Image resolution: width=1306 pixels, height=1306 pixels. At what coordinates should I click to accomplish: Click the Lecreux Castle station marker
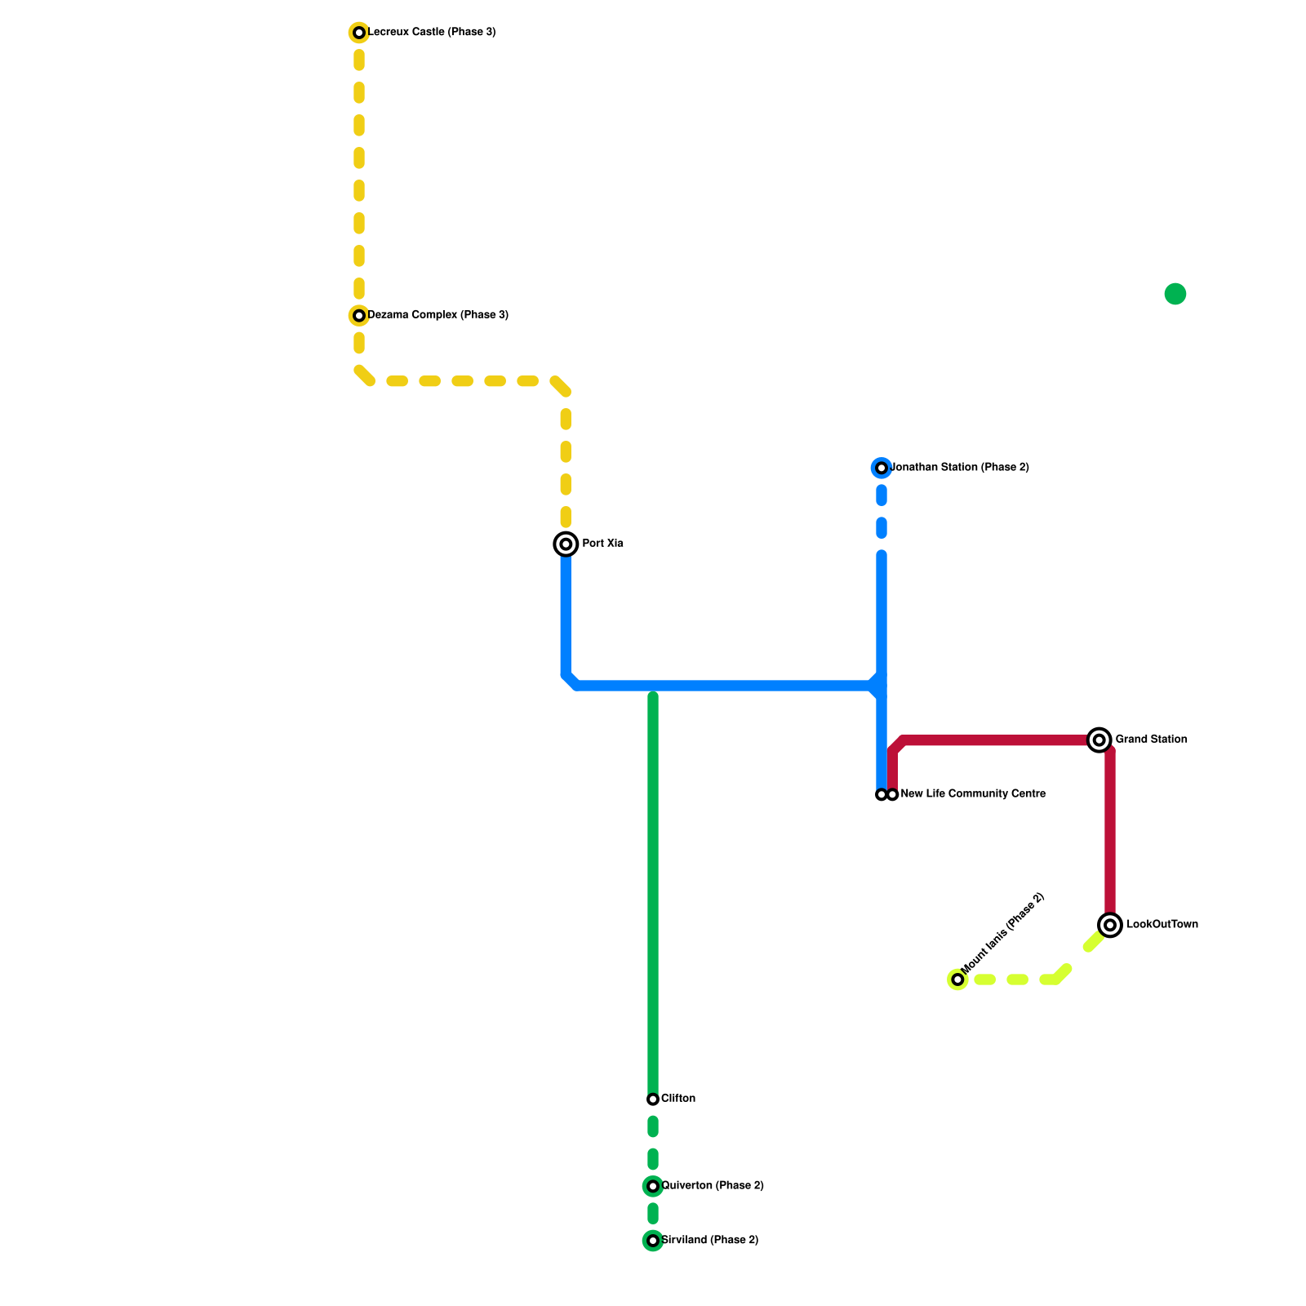point(359,33)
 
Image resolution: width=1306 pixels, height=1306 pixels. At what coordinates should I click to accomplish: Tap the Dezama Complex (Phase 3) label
point(438,315)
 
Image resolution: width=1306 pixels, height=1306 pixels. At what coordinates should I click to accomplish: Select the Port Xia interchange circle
point(566,544)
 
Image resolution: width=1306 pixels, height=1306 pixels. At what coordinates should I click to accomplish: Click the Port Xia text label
point(602,544)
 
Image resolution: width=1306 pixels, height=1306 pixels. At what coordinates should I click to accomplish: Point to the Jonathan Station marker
point(882,468)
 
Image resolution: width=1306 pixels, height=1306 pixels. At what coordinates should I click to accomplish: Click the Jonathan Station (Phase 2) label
point(960,468)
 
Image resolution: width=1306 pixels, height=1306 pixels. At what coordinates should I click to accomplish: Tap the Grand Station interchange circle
point(1099,740)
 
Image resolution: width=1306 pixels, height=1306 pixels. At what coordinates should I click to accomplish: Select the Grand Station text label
point(1151,740)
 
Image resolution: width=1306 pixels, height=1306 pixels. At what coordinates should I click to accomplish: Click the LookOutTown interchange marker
point(1110,925)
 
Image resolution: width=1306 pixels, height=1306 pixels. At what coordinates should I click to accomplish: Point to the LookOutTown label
point(1162,925)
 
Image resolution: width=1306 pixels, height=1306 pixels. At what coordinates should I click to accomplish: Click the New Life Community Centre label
point(973,794)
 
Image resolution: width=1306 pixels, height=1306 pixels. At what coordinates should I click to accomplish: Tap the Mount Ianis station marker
point(957,979)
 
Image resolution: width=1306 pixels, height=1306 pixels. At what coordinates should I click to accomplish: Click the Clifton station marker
point(653,1099)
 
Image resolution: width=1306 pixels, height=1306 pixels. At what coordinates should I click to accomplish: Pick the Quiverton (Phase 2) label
point(713,1186)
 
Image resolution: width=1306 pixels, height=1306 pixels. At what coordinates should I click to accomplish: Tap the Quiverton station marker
point(653,1186)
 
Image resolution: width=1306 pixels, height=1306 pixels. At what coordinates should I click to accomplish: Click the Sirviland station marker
point(653,1241)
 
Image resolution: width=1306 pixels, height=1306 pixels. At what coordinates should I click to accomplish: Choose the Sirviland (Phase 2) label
point(710,1241)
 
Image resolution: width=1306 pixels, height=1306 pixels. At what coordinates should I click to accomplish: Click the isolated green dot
point(1175,294)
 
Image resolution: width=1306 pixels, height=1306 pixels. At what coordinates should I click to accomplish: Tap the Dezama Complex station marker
point(359,315)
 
